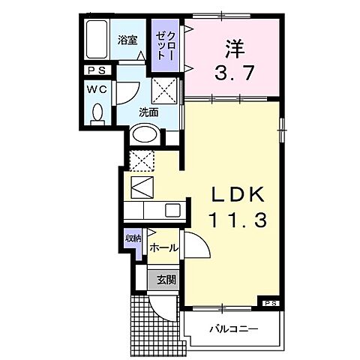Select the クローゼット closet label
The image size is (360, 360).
coord(166,45)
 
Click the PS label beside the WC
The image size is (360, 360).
coord(94,71)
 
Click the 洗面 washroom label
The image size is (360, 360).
coord(148,112)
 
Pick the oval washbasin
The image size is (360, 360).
coord(144,136)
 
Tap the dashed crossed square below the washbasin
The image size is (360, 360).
coord(142,160)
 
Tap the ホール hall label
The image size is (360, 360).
coord(163,247)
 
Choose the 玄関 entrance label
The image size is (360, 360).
coord(166,280)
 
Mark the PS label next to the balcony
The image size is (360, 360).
coord(270,302)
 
